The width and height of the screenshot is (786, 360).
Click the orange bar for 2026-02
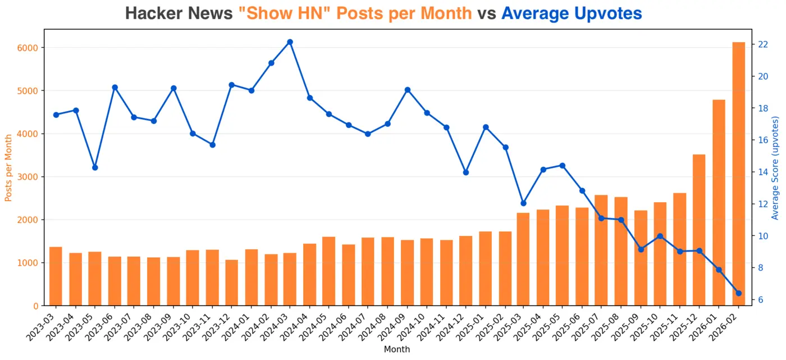pos(738,174)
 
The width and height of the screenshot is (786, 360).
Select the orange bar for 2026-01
pos(719,203)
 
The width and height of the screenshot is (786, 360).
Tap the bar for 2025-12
pos(699,230)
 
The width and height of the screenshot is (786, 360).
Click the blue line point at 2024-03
pos(290,42)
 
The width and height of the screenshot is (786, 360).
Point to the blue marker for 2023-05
pos(95,167)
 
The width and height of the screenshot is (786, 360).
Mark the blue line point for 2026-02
pos(738,293)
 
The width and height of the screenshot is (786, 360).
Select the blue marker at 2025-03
pos(523,203)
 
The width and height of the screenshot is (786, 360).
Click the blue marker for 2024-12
pos(465,172)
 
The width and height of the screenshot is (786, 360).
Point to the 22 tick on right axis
pos(763,44)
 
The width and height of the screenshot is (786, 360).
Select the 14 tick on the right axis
pos(763,172)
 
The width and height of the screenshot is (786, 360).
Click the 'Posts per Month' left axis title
pos(8,167)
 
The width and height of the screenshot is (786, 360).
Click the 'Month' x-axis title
pos(396,349)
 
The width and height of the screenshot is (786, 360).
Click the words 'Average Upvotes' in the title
pos(572,13)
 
